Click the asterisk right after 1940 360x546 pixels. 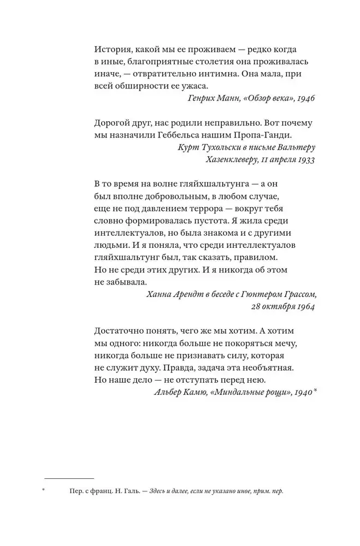click(315, 391)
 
